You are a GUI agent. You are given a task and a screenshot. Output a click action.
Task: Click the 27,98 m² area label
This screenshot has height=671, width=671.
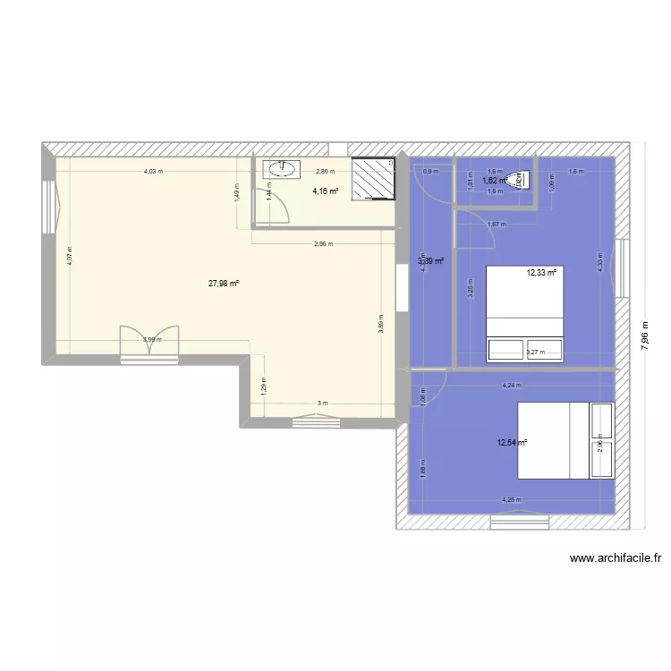224,284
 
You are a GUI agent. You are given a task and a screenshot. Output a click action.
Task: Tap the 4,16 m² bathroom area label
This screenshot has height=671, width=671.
325,191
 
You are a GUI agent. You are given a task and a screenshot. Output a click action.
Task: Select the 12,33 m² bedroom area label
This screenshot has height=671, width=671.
541,273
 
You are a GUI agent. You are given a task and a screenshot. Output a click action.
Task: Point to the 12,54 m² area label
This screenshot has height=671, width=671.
512,442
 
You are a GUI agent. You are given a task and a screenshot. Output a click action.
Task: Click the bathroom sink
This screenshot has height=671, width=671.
281,167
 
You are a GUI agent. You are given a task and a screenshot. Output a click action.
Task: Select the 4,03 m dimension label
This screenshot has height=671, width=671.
153,172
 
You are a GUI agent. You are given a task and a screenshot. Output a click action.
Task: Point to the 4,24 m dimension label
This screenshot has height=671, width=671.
511,386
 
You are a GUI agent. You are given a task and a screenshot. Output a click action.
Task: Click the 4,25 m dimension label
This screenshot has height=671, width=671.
511,500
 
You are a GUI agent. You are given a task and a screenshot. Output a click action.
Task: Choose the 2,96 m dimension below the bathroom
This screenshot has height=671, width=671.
323,242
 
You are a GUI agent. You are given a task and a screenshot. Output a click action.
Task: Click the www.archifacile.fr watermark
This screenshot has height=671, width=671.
616,558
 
